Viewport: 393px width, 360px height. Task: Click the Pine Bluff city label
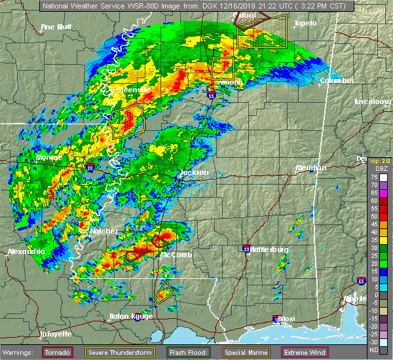56,27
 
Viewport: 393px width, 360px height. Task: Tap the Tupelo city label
305,23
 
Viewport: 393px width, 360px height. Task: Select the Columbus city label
337,81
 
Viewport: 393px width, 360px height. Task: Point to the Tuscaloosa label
372,102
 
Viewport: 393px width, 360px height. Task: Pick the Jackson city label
194,173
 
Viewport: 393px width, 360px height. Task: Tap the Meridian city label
310,168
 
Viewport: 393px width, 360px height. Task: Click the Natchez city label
103,231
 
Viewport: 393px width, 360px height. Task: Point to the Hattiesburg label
269,249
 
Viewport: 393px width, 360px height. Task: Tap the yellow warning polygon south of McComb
164,289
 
